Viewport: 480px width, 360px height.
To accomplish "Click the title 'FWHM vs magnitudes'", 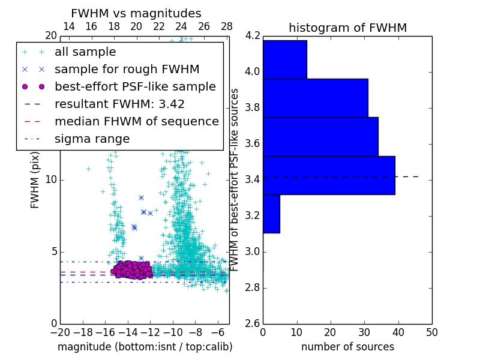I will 136,13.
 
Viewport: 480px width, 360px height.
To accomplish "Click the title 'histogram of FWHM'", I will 347,28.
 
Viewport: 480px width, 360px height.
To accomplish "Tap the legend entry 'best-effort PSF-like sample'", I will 135,86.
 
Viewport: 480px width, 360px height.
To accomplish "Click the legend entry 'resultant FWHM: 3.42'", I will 119,104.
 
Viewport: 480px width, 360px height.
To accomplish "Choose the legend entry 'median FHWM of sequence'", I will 137,121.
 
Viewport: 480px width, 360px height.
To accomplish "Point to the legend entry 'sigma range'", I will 92,139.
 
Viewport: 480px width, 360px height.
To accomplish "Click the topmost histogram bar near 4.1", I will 284,59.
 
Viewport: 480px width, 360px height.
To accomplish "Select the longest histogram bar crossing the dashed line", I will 329,175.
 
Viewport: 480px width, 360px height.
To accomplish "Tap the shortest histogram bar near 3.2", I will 271,214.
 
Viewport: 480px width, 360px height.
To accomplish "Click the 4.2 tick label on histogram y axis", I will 253,36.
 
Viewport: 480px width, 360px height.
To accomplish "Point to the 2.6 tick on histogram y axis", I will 253,323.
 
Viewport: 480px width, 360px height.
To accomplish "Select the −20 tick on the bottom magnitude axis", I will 60,332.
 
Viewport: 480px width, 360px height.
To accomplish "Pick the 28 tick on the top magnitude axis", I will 227,27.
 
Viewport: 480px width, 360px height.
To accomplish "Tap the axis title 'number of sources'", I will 347,347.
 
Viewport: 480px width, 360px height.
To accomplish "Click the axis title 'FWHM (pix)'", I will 35,180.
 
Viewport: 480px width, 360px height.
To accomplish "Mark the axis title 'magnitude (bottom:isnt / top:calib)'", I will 145,347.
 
